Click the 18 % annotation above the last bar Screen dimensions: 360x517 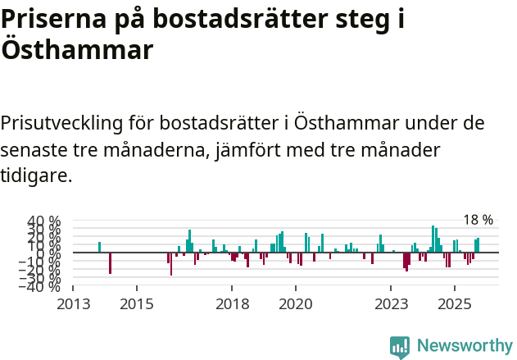pyautogui.click(x=478, y=220)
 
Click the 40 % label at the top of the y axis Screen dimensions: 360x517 pyautogui.click(x=44, y=221)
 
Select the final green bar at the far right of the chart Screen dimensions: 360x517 pyautogui.click(x=478, y=245)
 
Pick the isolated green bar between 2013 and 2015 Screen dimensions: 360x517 pyautogui.click(x=99, y=247)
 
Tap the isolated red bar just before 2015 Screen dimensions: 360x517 pyautogui.click(x=110, y=262)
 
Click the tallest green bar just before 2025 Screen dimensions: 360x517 pyautogui.click(x=433, y=239)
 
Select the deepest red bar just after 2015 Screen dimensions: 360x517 pyautogui.click(x=171, y=264)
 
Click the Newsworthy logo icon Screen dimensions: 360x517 pyautogui.click(x=400, y=347)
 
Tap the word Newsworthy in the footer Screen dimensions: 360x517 pyautogui.click(x=464, y=347)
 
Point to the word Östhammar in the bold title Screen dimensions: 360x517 pyautogui.click(x=77, y=50)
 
